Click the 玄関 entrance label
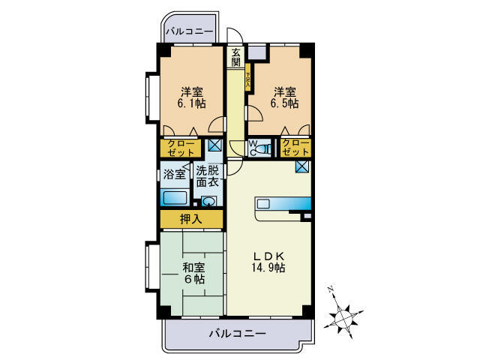pyautogui.click(x=235, y=58)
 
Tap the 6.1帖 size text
pyautogui.click(x=191, y=104)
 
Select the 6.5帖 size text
pyautogui.click(x=286, y=104)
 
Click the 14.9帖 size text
pyautogui.click(x=268, y=268)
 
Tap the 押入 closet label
pyautogui.click(x=190, y=219)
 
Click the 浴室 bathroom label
pyautogui.click(x=174, y=175)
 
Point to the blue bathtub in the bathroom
pyautogui.click(x=174, y=198)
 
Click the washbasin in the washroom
pyautogui.click(x=208, y=201)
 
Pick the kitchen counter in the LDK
pyautogui.click(x=282, y=204)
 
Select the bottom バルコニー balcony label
pyautogui.click(x=236, y=333)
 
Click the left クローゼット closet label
pyautogui.click(x=180, y=148)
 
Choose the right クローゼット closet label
pyautogui.click(x=295, y=148)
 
